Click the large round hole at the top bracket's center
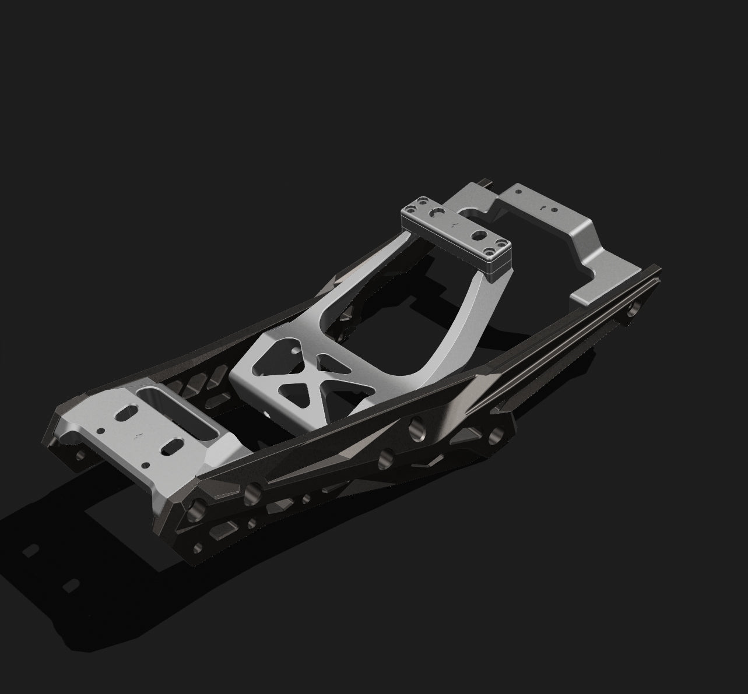click(479, 235)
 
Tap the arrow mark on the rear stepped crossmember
click(543, 206)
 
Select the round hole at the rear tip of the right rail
click(631, 312)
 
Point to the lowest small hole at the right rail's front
click(199, 547)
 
